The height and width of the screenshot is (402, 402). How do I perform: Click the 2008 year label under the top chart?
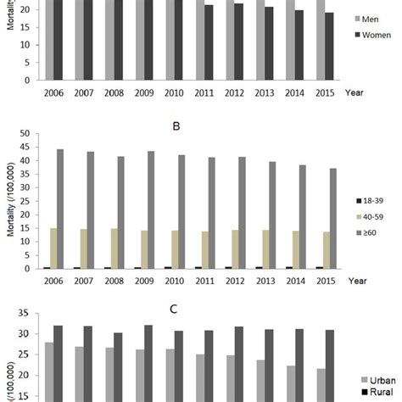point(115,91)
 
